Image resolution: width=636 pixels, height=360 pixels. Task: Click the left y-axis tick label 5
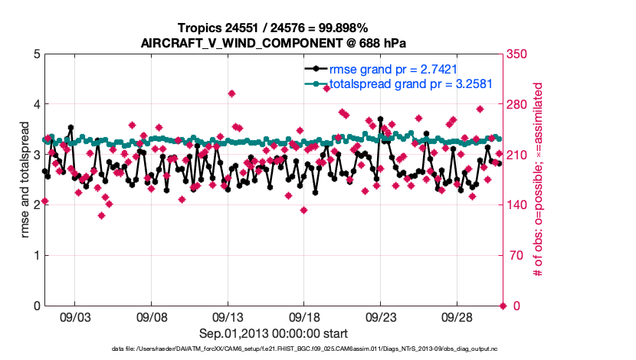(37, 54)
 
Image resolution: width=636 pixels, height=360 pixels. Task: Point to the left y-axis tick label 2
(37, 205)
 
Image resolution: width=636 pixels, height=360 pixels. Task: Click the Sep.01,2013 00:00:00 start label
(274, 333)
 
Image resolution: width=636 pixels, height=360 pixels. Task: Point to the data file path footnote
(304, 349)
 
